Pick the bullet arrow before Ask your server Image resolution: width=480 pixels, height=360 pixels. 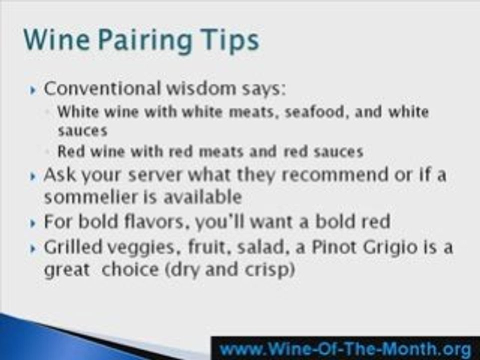point(33,177)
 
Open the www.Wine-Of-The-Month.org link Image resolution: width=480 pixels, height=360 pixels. point(345,347)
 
